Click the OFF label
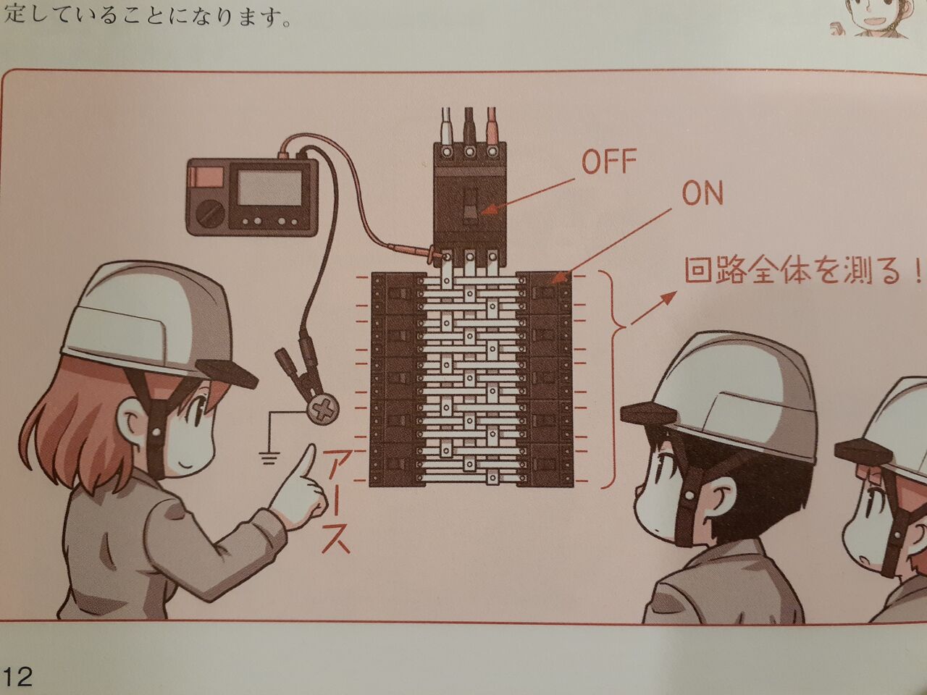click(608, 162)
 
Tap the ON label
click(702, 194)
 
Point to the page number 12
click(17, 675)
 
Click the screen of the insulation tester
click(269, 188)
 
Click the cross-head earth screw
click(324, 408)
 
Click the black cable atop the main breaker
click(469, 126)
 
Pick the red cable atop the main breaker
click(492, 126)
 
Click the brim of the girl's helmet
click(228, 373)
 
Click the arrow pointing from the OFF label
click(529, 195)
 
